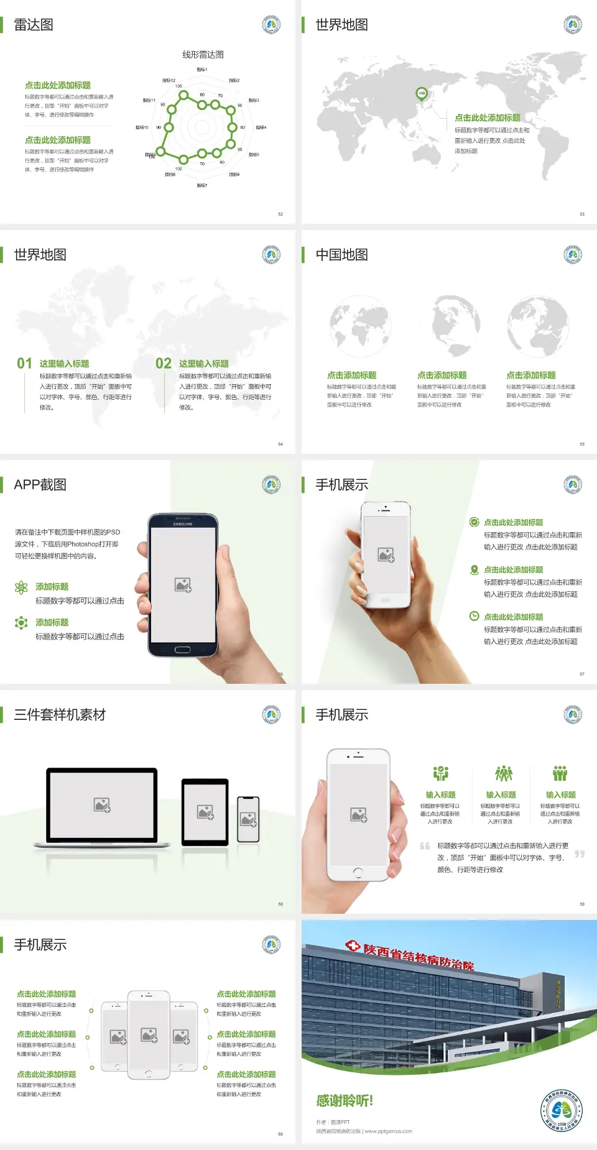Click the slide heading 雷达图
click(x=34, y=25)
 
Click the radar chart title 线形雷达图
click(x=203, y=55)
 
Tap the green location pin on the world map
click(x=422, y=94)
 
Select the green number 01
click(x=24, y=364)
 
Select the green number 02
click(x=164, y=364)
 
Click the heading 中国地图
click(x=341, y=255)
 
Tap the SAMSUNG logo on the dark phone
click(x=183, y=524)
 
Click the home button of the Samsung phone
click(x=182, y=650)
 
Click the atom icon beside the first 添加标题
click(x=21, y=587)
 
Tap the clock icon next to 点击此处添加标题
click(x=474, y=616)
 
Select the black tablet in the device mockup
click(x=205, y=811)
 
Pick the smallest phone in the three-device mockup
click(x=248, y=819)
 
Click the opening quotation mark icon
click(x=425, y=846)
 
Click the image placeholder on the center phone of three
click(x=149, y=1034)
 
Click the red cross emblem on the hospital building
click(x=353, y=946)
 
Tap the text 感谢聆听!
click(x=345, y=1101)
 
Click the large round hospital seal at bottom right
click(x=562, y=1111)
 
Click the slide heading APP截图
click(x=40, y=485)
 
